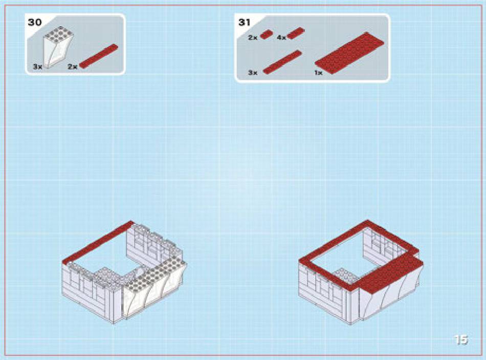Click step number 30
(x=35, y=23)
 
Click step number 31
(x=245, y=23)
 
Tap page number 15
(x=461, y=340)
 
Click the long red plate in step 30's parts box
(x=99, y=56)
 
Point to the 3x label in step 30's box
(x=37, y=67)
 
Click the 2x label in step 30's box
(x=72, y=67)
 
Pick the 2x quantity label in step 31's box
(x=253, y=38)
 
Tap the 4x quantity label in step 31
(x=281, y=38)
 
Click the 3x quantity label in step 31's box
(x=253, y=73)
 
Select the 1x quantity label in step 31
(x=318, y=73)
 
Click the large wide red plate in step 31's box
(x=349, y=53)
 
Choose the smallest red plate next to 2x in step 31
(x=266, y=34)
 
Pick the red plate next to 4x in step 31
(x=296, y=33)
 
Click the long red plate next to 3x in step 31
(x=282, y=62)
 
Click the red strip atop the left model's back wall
(x=98, y=242)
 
